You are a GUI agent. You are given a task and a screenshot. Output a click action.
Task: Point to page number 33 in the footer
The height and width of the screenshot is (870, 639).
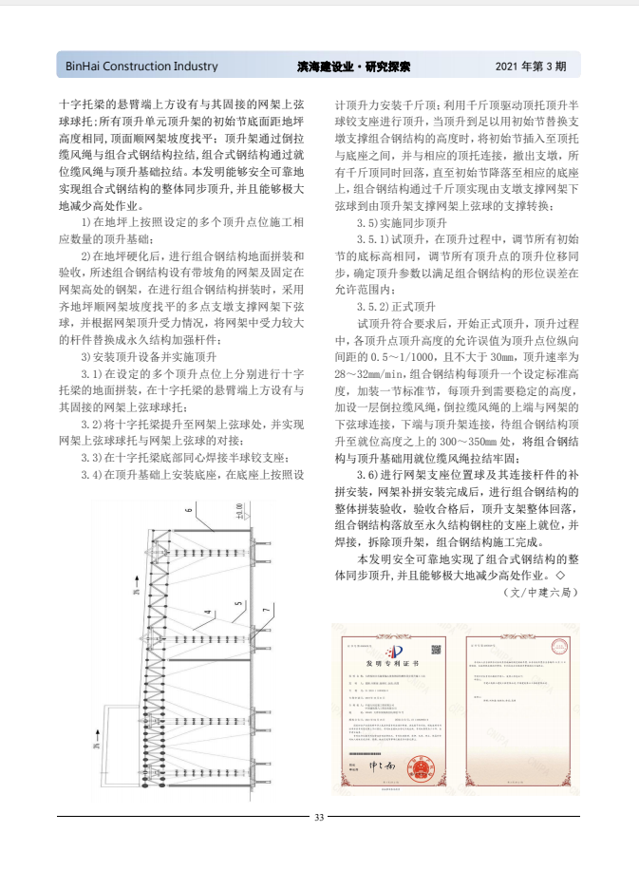point(319,817)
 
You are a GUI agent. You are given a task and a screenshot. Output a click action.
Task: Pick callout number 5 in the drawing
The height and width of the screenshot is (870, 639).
point(237,603)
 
